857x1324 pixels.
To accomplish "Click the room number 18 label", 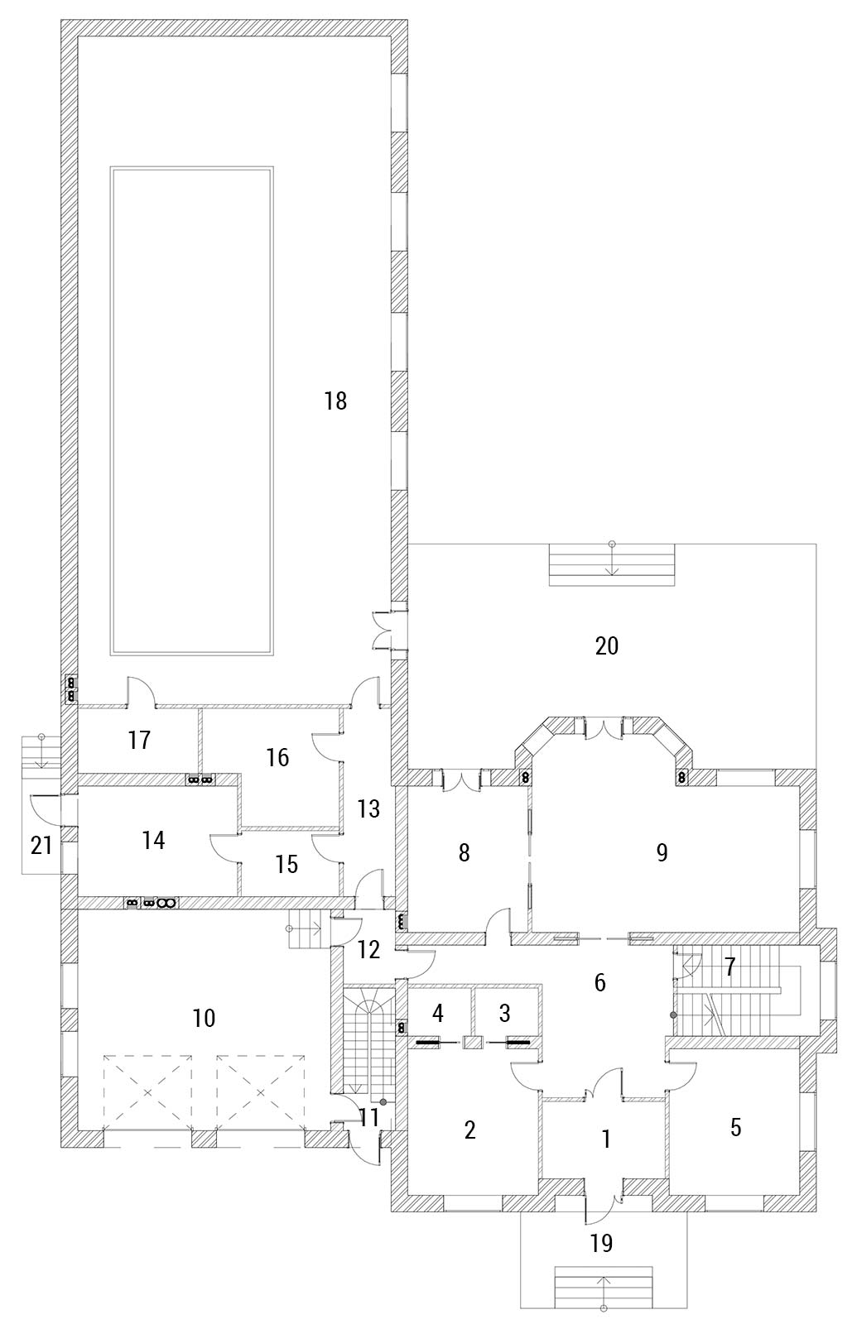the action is pos(335,401).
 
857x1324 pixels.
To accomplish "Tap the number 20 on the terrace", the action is pos(607,646).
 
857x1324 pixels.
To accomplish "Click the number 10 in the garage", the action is pos(204,1018).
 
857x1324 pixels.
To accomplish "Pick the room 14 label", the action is pos(153,840).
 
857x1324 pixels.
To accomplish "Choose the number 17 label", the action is pos(140,740).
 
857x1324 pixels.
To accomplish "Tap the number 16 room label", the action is pos(277,757).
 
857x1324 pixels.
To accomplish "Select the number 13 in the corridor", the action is pos(368,808).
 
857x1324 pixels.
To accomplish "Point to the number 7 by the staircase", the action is pos(729,967).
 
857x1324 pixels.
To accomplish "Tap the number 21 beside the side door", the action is pos(41,846).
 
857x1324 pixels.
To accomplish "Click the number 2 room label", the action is pos(469,1130).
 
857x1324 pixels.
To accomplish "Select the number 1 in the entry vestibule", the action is pos(605,1139).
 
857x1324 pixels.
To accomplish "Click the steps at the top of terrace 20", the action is pos(612,564).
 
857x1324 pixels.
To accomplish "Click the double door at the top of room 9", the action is pos(603,729).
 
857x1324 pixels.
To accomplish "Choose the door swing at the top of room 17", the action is pos(142,691).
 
